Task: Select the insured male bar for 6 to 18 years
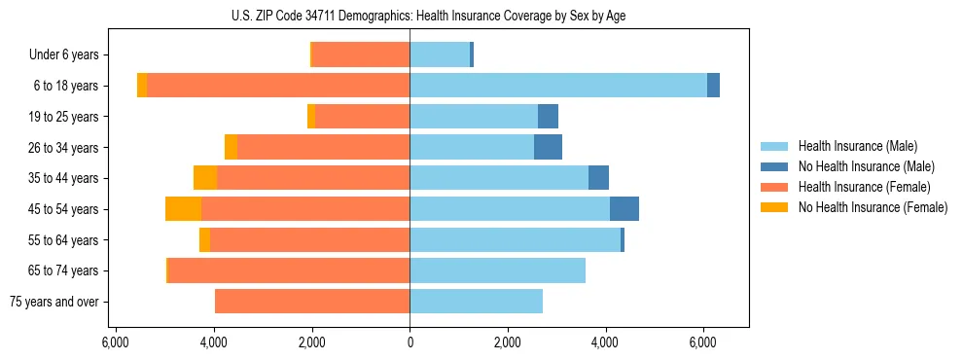tap(558, 86)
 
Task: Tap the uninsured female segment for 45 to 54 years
tap(183, 209)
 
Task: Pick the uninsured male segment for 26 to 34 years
tap(548, 147)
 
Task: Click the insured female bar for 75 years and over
tap(312, 302)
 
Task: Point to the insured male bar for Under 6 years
tap(440, 54)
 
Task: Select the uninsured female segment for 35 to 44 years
tap(205, 178)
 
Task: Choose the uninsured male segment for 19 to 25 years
tap(548, 117)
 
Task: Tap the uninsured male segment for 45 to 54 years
tap(624, 209)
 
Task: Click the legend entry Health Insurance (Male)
tap(857, 146)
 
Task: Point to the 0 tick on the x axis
tap(410, 342)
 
